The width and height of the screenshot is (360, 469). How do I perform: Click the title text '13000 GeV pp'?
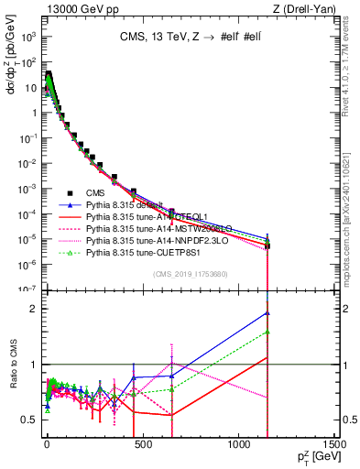[71, 9]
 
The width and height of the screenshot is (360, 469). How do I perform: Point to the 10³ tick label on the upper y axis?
[27, 38]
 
